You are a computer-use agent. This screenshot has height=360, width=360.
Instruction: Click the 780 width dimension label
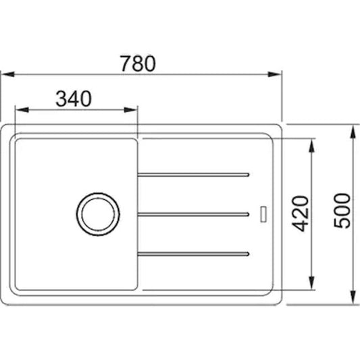[138, 63]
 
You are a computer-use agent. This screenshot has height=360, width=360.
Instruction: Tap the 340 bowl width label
[74, 99]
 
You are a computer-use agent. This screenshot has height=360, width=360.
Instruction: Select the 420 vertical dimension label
[301, 213]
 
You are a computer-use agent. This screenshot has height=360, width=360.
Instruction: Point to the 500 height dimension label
[342, 211]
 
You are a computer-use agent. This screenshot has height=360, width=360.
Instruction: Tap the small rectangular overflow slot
[263, 214]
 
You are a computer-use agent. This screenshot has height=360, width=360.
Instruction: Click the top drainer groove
[193, 175]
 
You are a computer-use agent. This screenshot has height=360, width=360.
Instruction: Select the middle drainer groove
[193, 214]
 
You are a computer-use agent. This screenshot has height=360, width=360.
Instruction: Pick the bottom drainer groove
[193, 254]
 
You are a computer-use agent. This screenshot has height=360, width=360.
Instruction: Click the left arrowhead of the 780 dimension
[8, 74]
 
